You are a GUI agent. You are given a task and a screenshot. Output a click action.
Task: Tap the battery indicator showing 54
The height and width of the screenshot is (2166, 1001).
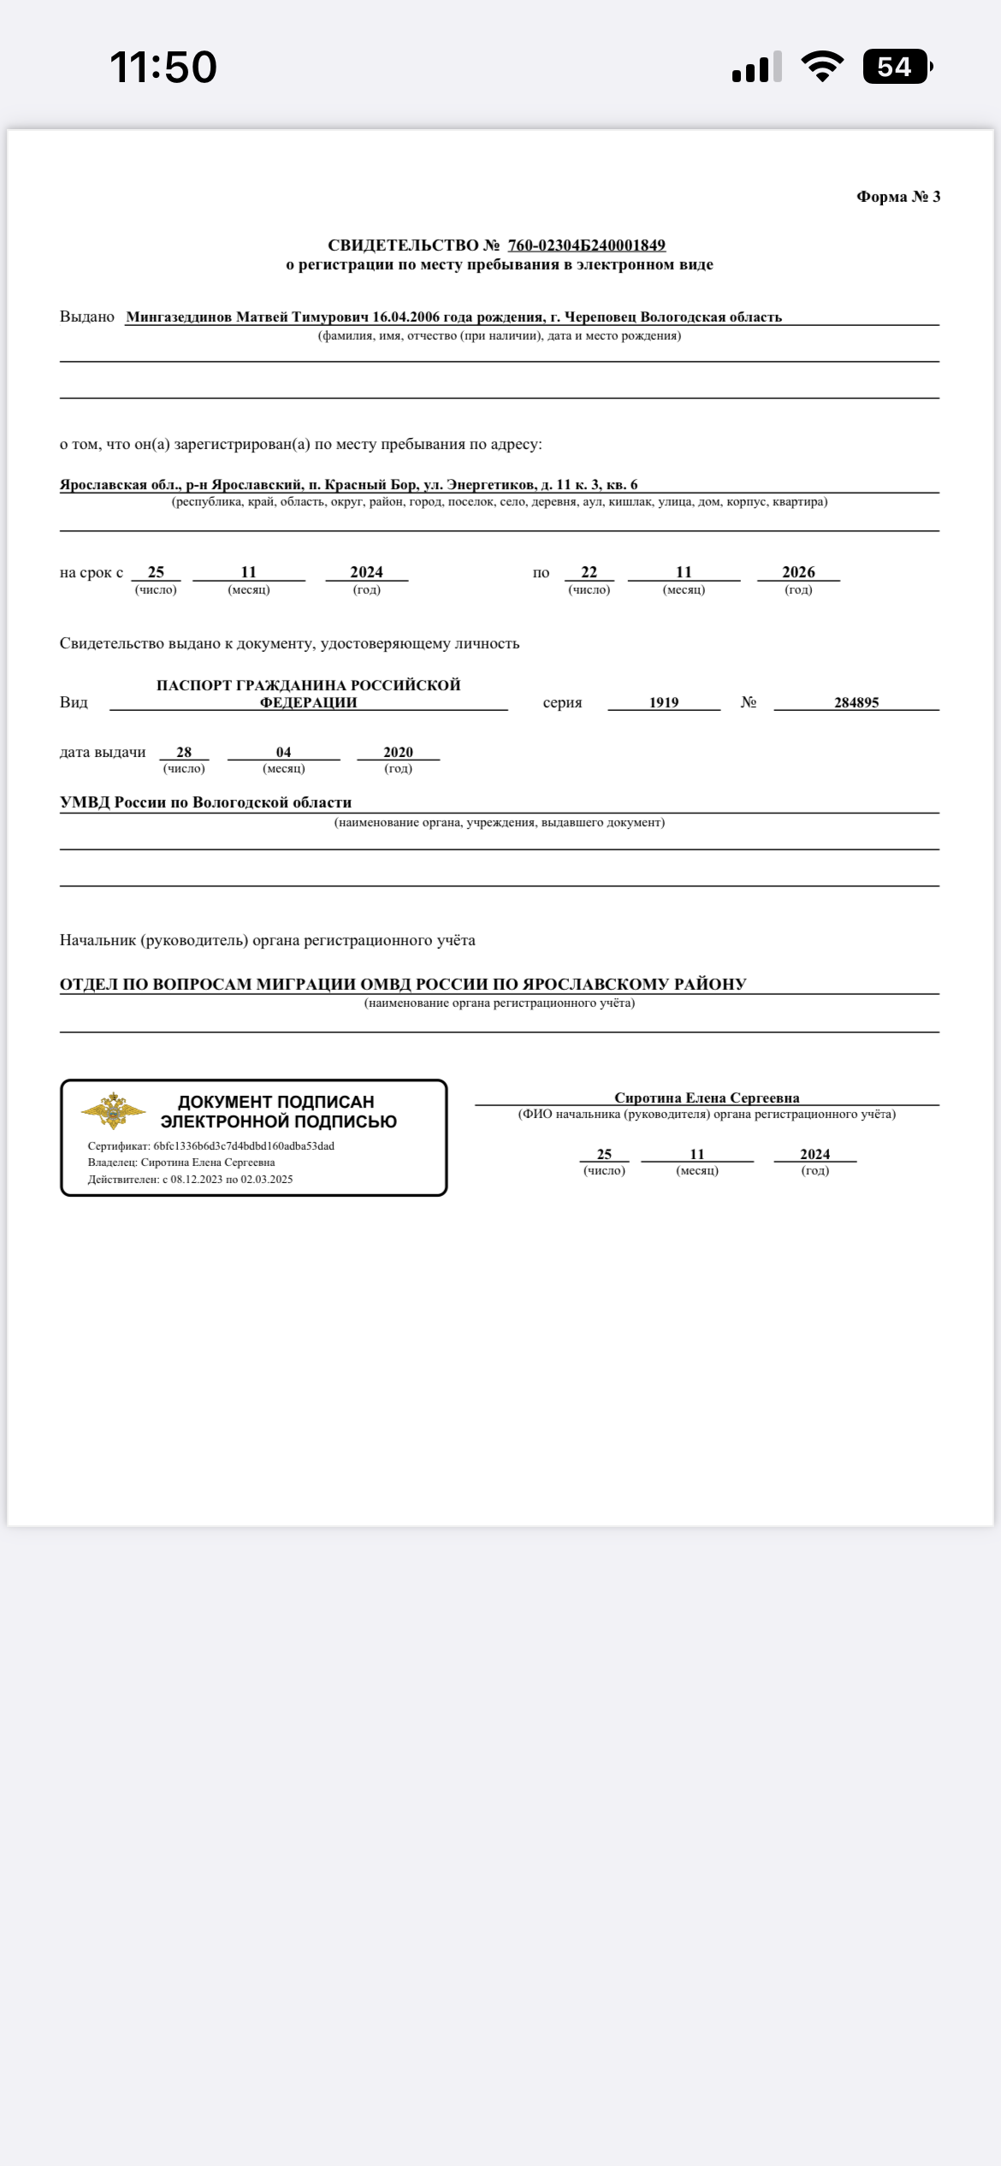click(x=897, y=67)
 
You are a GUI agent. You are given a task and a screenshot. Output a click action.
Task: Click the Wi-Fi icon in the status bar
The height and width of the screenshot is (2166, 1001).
click(x=821, y=67)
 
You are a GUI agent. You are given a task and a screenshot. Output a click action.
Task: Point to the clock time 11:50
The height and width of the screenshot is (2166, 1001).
click(x=163, y=67)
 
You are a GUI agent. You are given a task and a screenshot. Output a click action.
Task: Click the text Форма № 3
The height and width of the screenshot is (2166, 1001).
click(x=897, y=197)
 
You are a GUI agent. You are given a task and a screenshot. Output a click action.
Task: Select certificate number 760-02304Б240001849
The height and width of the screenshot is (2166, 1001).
click(x=586, y=246)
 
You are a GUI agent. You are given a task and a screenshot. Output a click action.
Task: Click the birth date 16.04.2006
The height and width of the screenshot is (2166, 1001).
click(x=406, y=317)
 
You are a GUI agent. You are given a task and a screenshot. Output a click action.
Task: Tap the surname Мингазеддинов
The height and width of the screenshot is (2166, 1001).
click(x=180, y=317)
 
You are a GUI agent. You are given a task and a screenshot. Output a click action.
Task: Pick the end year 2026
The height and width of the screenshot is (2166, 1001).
click(x=798, y=572)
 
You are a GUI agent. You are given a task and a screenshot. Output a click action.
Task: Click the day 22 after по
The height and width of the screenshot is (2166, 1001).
click(x=589, y=572)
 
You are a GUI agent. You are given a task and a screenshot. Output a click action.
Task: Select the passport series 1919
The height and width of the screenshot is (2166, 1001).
click(x=664, y=702)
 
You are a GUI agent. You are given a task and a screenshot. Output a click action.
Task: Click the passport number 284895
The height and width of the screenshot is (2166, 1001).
click(x=856, y=702)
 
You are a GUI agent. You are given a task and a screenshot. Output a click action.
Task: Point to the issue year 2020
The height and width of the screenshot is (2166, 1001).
click(x=398, y=752)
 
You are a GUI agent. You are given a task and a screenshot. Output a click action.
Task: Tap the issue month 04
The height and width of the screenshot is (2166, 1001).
click(x=283, y=752)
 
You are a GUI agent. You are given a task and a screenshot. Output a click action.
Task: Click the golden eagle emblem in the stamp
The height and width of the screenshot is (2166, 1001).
click(x=112, y=1110)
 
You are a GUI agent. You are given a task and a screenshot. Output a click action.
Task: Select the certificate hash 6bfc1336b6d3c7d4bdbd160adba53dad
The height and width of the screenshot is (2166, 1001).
click(x=244, y=1146)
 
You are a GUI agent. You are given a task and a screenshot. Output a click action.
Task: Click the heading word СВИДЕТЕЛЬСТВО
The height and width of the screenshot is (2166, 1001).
click(x=403, y=246)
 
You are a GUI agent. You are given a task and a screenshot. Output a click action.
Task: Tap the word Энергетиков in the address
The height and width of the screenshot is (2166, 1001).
click(x=491, y=485)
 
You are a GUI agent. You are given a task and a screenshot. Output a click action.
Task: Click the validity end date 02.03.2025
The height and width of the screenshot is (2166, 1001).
click(x=266, y=1180)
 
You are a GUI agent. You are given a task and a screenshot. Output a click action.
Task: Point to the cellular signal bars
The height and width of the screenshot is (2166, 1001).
click(x=756, y=67)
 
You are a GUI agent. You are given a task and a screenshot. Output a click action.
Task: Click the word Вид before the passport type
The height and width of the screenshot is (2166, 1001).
click(x=74, y=702)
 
